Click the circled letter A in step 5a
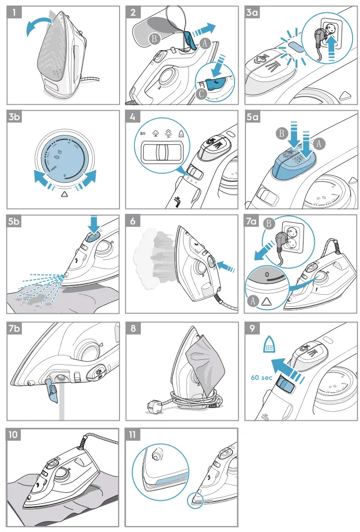click(320, 142)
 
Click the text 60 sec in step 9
click(261, 378)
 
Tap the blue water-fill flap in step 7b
click(51, 388)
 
